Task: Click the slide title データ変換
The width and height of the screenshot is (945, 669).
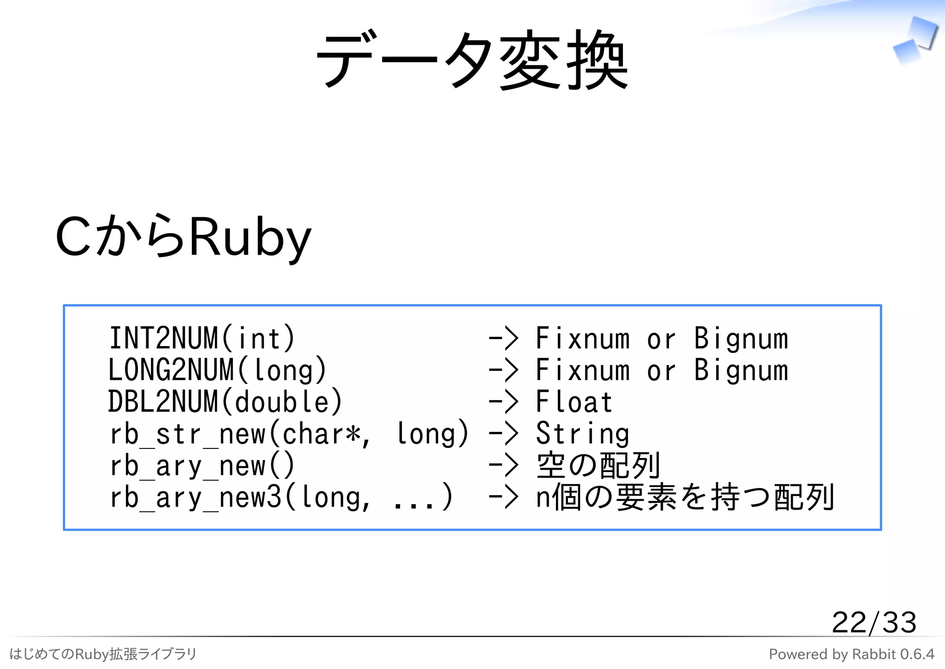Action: tap(472, 60)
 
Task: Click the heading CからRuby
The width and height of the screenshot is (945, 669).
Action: tap(183, 237)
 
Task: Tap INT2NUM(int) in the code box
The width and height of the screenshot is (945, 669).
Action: tap(202, 338)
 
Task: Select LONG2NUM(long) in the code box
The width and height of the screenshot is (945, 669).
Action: tap(217, 370)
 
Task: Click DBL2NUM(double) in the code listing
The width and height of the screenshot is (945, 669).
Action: tap(225, 402)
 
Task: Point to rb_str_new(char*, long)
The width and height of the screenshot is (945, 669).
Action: tap(289, 434)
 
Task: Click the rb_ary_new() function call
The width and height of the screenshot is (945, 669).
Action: tap(202, 466)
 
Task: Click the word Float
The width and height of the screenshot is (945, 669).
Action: tap(574, 402)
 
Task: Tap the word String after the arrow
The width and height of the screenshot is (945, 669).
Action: tap(582, 434)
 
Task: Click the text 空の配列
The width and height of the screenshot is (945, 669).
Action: tap(598, 466)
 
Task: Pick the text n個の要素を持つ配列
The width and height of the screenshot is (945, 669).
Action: tap(685, 497)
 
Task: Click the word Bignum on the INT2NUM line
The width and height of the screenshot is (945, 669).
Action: tap(741, 338)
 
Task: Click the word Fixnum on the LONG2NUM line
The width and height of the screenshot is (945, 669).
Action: tap(582, 370)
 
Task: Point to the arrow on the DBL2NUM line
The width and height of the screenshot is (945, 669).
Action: tap(503, 402)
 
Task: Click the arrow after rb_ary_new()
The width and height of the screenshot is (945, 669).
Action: tap(503, 466)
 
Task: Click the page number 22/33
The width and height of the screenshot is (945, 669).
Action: tap(873, 622)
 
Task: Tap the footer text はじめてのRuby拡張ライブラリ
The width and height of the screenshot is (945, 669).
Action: tap(103, 654)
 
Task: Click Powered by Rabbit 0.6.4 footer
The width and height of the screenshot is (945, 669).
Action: tap(851, 654)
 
